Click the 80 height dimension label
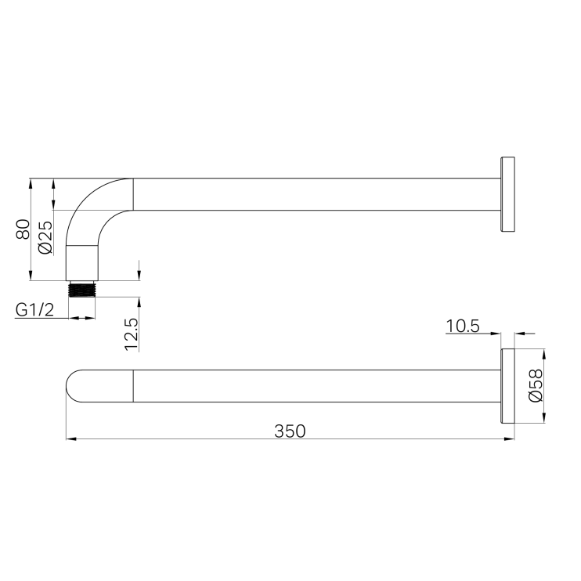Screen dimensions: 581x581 coord(23,229)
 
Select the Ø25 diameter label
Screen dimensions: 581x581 coord(45,236)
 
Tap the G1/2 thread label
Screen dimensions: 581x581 coord(34,310)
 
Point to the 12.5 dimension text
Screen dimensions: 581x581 coord(131,334)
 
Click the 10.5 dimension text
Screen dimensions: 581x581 coord(463,325)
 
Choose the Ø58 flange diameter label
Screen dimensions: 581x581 coord(536,386)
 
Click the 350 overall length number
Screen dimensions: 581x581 coord(290,431)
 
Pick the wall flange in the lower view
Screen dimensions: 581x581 coord(507,386)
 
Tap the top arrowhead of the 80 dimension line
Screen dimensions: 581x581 coord(30,182)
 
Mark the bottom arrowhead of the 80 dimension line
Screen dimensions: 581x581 coord(30,276)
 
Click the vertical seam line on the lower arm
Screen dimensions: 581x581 coord(134,386)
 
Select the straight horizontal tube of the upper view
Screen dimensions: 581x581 coord(313,194)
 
